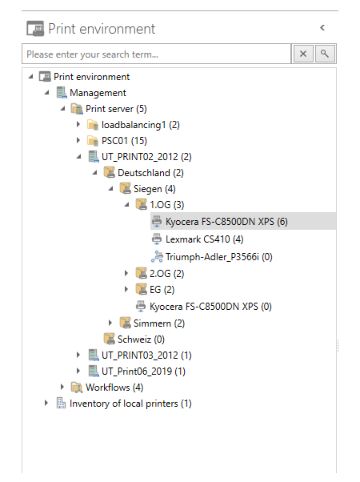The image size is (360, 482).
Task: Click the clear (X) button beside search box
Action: tap(303, 54)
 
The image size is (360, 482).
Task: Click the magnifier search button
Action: tap(325, 54)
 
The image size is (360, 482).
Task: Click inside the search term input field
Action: tap(156, 54)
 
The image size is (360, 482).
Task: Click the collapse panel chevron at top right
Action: tap(322, 28)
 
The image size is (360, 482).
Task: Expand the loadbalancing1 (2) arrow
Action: tap(78, 124)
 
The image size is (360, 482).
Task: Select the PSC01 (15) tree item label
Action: tap(124, 141)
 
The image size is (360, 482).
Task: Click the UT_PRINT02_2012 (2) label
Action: tap(146, 157)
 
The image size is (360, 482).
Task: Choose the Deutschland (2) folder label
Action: tap(150, 173)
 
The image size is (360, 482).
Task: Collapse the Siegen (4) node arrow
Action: tap(110, 189)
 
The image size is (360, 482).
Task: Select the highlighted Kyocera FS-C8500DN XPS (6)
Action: tap(226, 221)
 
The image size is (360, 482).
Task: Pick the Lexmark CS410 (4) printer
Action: tap(204, 239)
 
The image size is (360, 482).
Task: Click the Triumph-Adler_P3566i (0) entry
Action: tap(218, 257)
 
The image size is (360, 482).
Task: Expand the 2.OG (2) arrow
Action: tap(126, 273)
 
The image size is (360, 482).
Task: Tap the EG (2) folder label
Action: tap(162, 290)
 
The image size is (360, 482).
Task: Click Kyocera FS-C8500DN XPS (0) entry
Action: tap(210, 307)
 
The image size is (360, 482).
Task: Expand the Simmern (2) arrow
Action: tap(110, 323)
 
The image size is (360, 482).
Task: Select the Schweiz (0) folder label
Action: tap(141, 339)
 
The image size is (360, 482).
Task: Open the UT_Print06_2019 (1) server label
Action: tap(143, 372)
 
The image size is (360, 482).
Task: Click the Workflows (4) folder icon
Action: tap(77, 388)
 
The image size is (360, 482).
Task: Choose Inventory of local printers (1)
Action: tap(130, 404)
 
